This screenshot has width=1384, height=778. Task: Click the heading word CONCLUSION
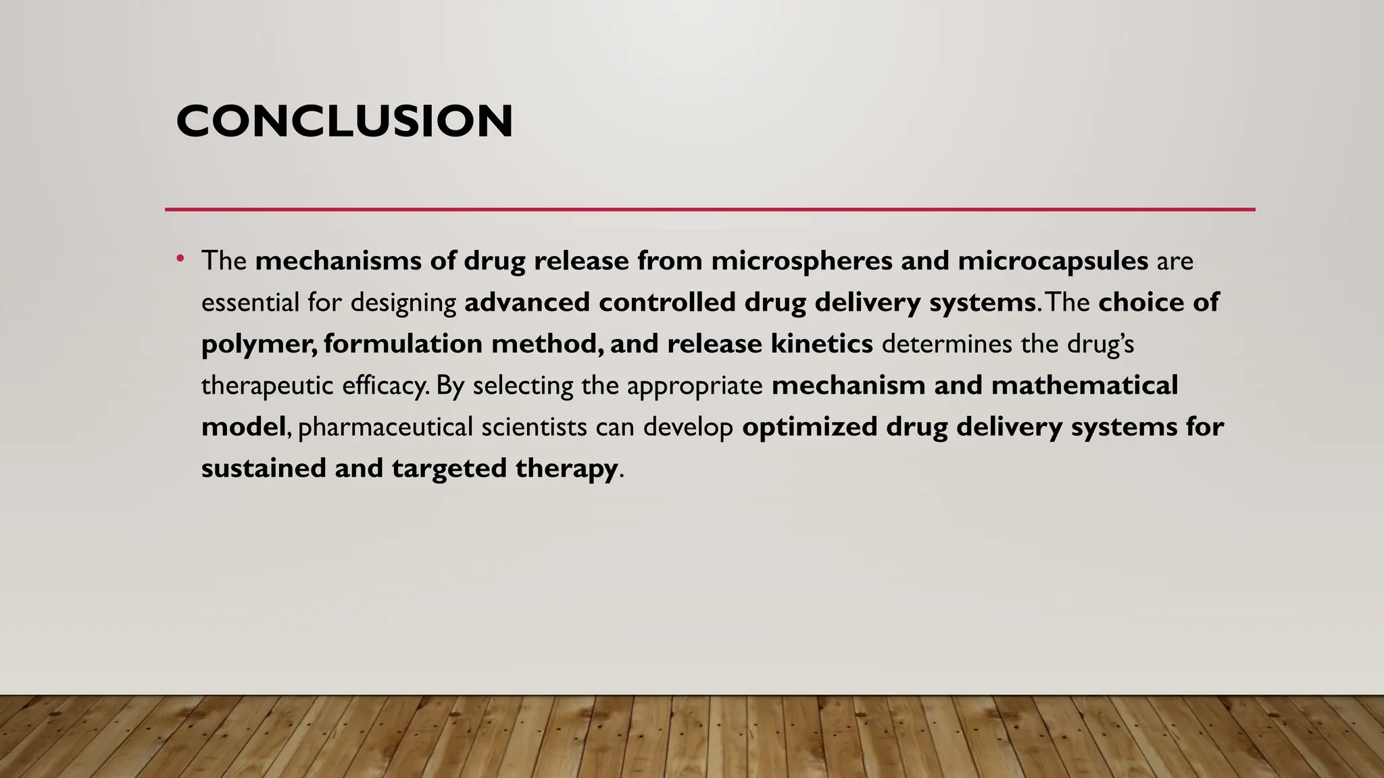344,122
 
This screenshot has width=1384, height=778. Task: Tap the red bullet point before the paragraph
180,258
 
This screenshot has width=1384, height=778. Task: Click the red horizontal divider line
710,209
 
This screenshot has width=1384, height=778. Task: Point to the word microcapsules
1053,261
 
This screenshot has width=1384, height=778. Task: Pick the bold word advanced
527,303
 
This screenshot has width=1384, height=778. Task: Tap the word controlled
667,303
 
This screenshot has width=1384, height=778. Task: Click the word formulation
403,344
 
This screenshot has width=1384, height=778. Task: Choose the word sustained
264,469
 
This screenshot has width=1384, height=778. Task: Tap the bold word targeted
449,469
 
